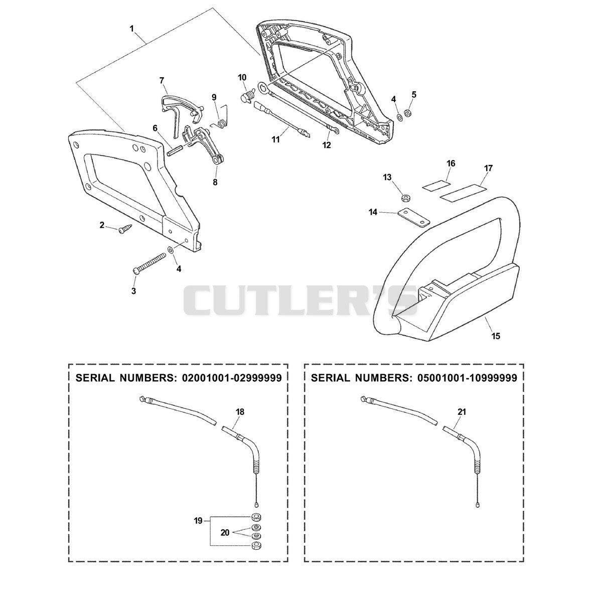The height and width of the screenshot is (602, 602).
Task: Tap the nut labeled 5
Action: click(407, 112)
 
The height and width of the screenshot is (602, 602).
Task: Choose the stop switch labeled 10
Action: click(248, 96)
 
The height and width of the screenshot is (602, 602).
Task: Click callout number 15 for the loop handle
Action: click(496, 336)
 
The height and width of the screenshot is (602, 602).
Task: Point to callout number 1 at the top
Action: click(131, 29)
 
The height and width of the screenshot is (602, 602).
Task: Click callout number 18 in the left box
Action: click(240, 412)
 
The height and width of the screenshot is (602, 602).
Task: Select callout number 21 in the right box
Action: click(462, 412)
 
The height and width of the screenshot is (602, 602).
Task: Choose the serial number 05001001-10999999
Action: click(468, 378)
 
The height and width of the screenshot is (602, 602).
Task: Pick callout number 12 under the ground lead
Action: click(327, 145)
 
